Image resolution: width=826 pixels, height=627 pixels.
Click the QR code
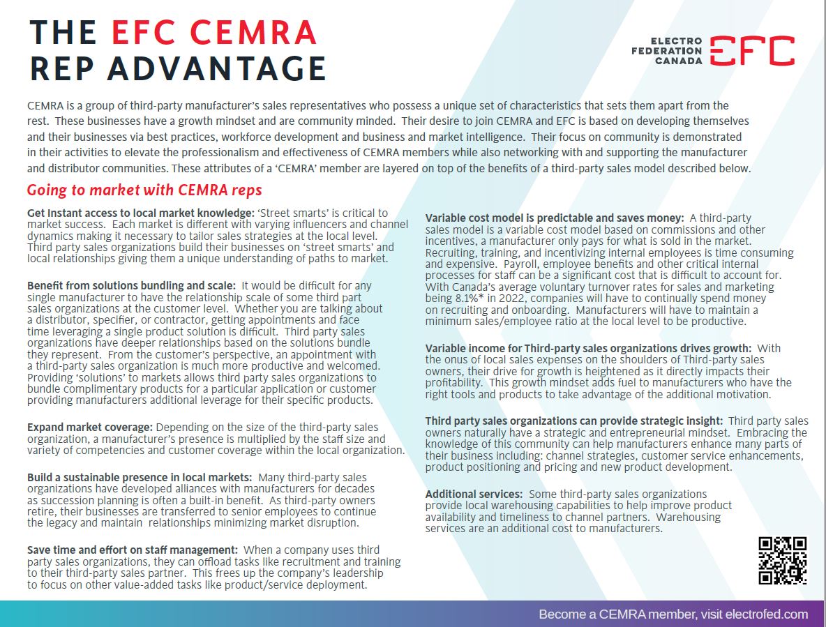coord(782,560)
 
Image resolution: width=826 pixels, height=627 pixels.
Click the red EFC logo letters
coord(752,51)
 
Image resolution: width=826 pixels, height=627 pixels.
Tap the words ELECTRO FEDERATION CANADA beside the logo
coord(667,51)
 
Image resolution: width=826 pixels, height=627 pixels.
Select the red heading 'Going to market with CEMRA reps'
coord(144,190)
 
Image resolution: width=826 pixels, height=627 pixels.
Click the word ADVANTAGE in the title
coord(218,69)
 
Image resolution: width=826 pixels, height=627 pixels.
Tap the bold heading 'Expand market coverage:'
coord(89,427)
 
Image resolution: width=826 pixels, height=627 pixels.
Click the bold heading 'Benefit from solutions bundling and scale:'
coord(131,285)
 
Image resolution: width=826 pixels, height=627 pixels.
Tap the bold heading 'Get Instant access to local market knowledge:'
coord(139,213)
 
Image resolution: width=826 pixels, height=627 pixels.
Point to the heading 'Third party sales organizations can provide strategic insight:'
coord(575,421)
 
